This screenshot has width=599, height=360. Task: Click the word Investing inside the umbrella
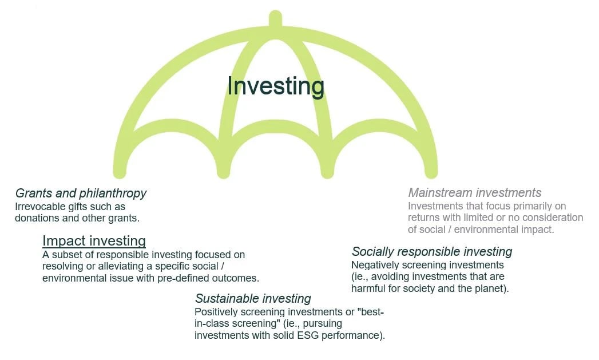pyautogui.click(x=276, y=86)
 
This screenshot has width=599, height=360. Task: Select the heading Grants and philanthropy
pyautogui.click(x=81, y=193)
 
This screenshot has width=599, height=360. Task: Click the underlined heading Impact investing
pyautogui.click(x=94, y=240)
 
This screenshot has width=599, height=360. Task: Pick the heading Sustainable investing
pyautogui.click(x=253, y=298)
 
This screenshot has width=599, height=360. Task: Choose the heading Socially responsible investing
pyautogui.click(x=431, y=251)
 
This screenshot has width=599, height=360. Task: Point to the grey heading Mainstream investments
pyautogui.click(x=474, y=192)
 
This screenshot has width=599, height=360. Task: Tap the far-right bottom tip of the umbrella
pyautogui.click(x=431, y=172)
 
